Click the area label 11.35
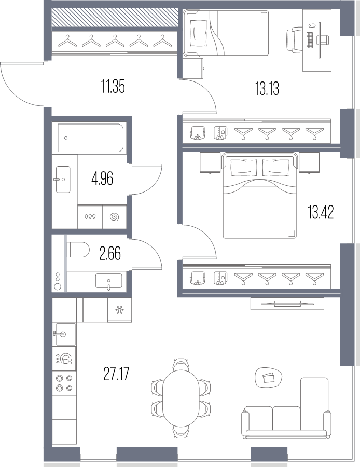[x=113, y=87]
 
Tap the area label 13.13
[x=267, y=88]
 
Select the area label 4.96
[x=102, y=180]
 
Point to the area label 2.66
[x=110, y=254]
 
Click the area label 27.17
[x=116, y=374]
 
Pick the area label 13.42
[x=321, y=212]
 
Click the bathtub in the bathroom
[x=90, y=138]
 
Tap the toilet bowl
[x=78, y=249]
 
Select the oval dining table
[x=181, y=396]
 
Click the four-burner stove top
[x=64, y=383]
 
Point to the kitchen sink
[x=64, y=334]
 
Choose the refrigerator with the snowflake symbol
[x=119, y=310]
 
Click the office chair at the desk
[x=295, y=40]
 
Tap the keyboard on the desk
[x=310, y=40]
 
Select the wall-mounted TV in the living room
[x=287, y=304]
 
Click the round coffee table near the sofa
[x=268, y=377]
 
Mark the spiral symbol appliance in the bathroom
[x=114, y=217]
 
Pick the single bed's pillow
[x=198, y=33]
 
